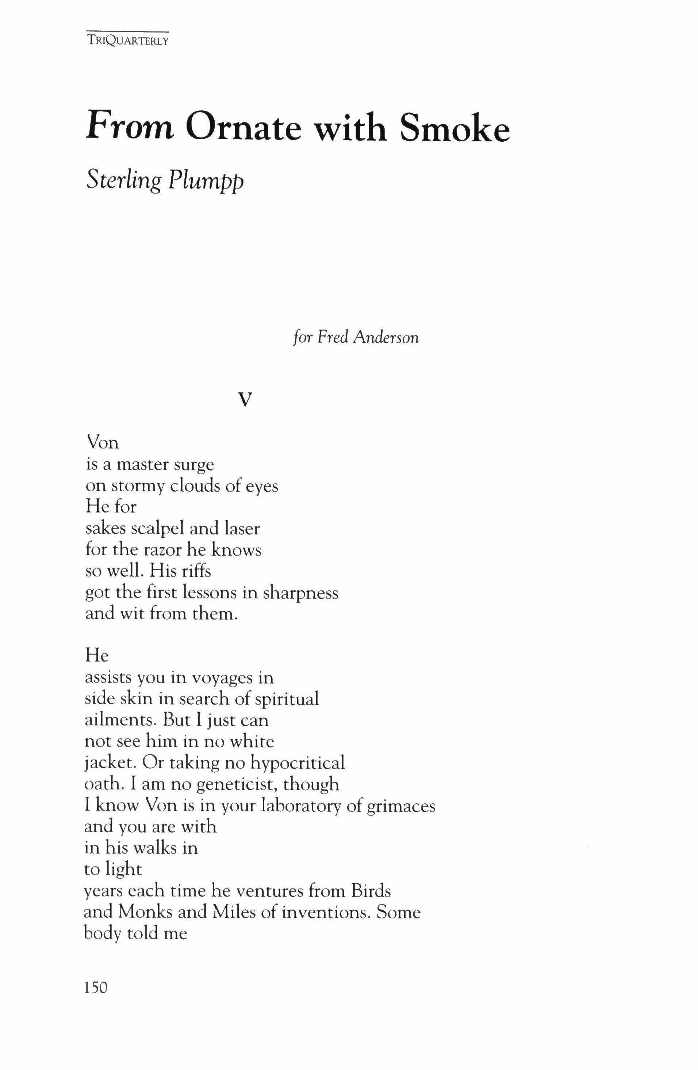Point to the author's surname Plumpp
pos(206,181)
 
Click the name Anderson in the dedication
pos(386,338)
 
